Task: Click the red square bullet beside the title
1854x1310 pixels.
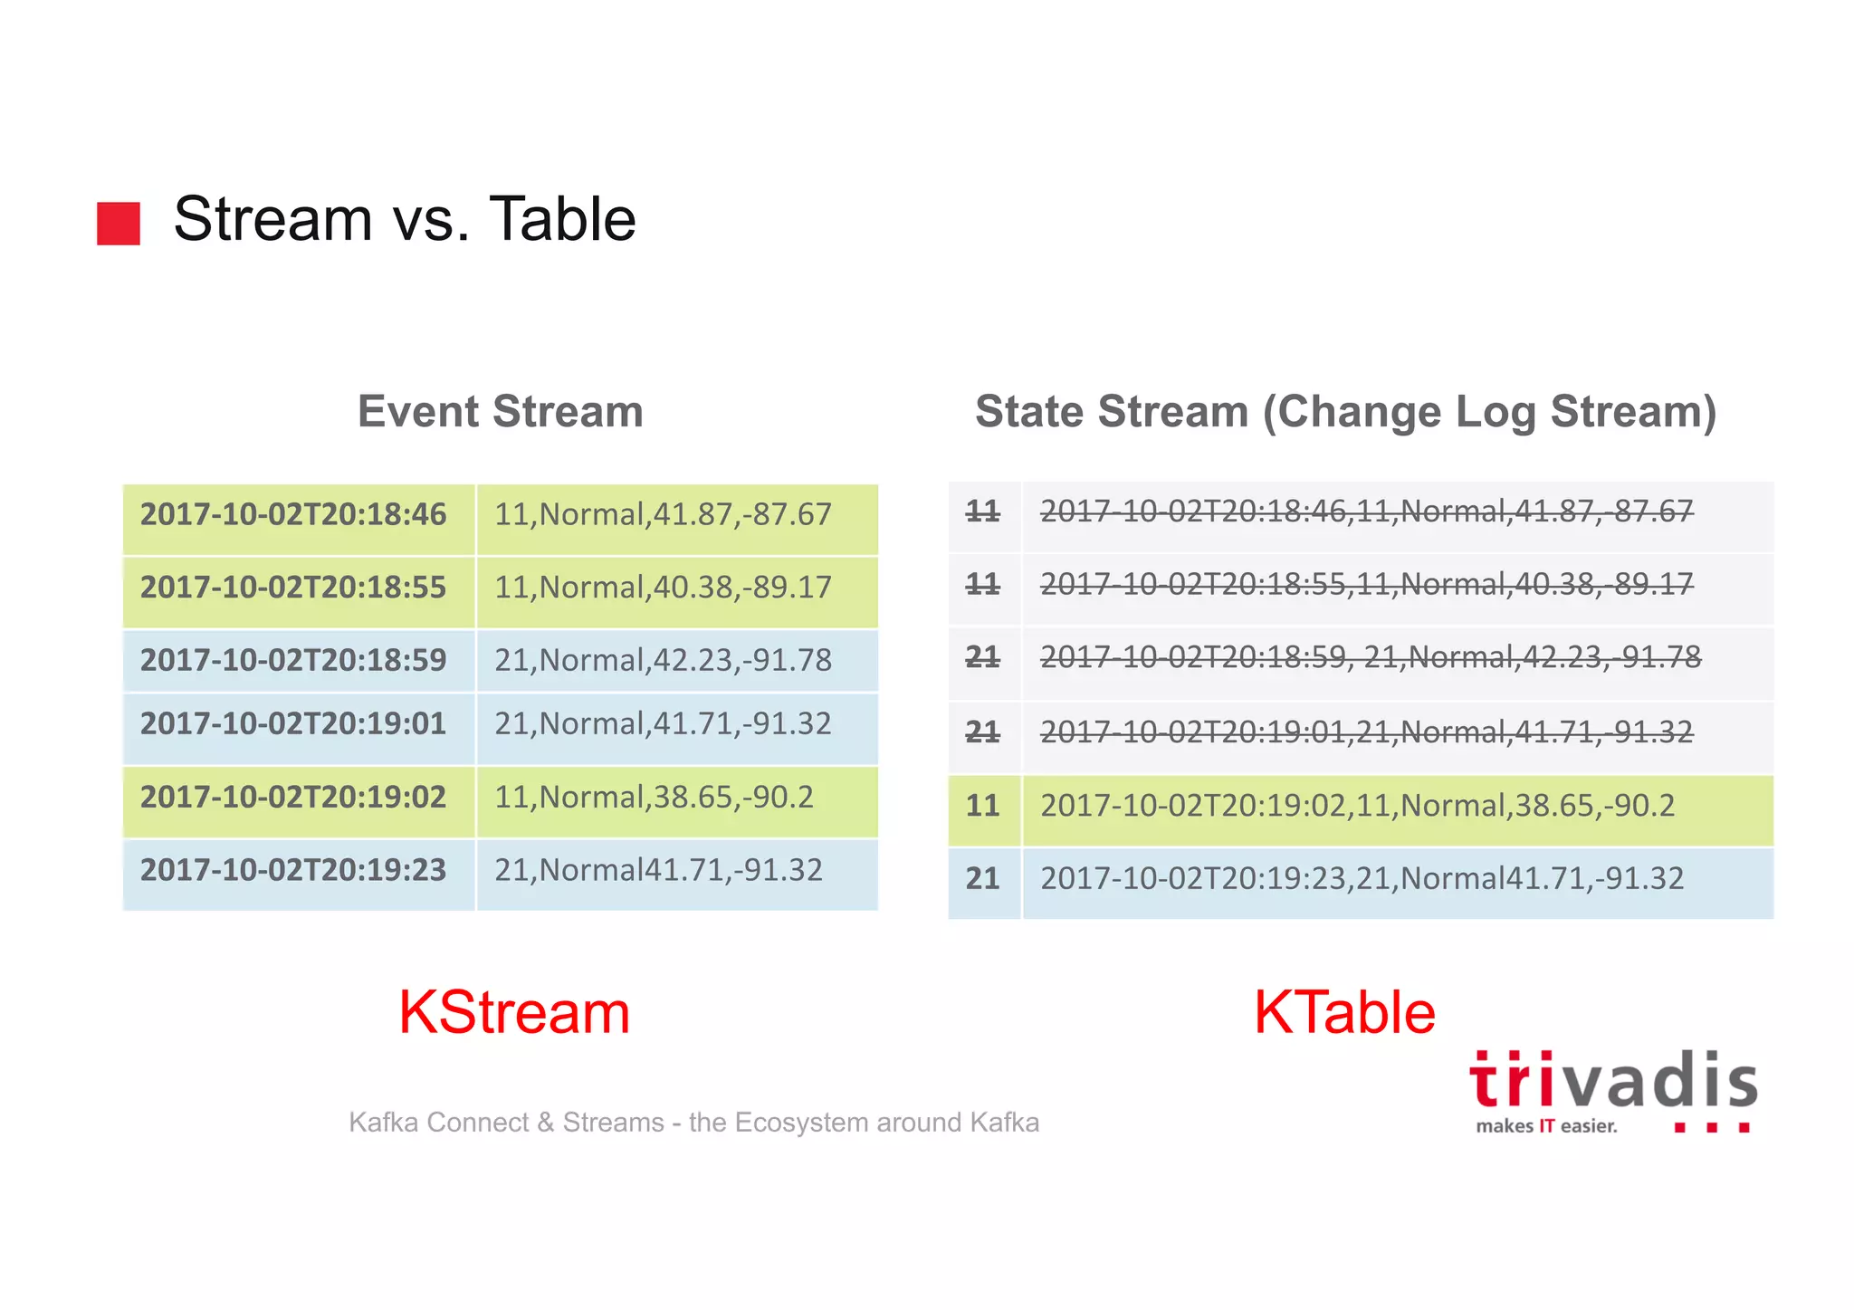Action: [x=119, y=223]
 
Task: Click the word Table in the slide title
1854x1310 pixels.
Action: [x=562, y=220]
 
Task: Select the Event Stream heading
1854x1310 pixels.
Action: [x=500, y=412]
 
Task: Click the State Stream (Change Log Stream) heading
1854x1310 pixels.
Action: [x=1345, y=413]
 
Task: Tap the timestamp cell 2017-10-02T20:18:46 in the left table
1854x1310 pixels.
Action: [x=293, y=515]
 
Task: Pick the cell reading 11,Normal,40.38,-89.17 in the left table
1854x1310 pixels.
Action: [x=663, y=588]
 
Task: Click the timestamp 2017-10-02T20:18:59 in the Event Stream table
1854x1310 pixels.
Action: [x=293, y=661]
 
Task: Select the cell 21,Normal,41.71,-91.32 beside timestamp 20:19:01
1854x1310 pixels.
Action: [x=663, y=724]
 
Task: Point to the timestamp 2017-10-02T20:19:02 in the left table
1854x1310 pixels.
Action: [x=293, y=798]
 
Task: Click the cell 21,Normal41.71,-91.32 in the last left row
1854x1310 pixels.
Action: [x=658, y=871]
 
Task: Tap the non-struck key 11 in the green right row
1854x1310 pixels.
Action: [x=982, y=806]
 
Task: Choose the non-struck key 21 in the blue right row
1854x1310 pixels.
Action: [x=982, y=879]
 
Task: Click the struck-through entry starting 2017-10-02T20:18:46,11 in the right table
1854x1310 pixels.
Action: [x=1365, y=512]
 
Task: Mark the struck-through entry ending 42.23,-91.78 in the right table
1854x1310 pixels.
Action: [x=1370, y=658]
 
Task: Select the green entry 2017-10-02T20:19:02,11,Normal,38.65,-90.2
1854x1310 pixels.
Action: [x=1357, y=806]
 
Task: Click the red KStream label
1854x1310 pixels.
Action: [x=513, y=1013]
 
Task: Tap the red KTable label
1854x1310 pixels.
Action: [x=1344, y=1013]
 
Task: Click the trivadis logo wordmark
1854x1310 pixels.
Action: [x=1612, y=1081]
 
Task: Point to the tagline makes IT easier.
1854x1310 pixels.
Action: [x=1545, y=1127]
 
